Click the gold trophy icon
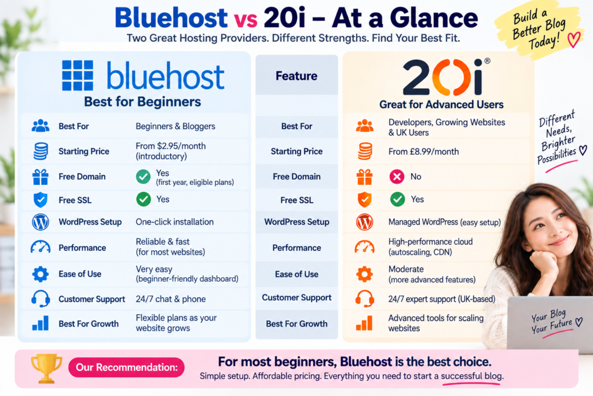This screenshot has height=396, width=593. coord(46,368)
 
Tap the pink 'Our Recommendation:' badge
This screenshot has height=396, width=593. coord(126,367)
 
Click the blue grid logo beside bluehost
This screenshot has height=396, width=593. coord(78,75)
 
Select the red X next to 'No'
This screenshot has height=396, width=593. coord(397,176)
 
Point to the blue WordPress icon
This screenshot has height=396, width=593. coord(41,222)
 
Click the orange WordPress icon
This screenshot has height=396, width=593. coord(365,222)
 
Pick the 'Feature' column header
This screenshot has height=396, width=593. coord(296,76)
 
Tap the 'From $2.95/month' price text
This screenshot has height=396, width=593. coord(171,146)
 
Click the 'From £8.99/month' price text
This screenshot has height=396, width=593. coord(423,152)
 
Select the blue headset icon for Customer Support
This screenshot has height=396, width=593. coord(41,299)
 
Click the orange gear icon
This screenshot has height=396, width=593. coord(365,274)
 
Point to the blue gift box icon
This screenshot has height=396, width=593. coord(41,177)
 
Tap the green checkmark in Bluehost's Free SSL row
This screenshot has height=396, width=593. coord(144,199)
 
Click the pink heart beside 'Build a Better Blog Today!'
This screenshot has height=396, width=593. coord(574,39)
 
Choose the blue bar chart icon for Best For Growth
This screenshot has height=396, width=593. coord(41,324)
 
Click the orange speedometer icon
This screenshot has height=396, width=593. coord(365,247)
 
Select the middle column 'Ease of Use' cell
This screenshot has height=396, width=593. coord(296,274)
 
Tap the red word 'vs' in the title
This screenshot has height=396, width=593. coord(246,20)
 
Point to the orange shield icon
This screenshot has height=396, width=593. coord(365,199)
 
